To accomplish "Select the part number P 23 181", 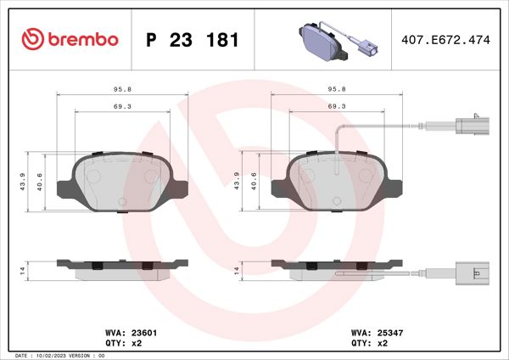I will (193, 40).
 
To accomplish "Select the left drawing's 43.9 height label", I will (23, 181).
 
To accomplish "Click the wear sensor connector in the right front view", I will (470, 127).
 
